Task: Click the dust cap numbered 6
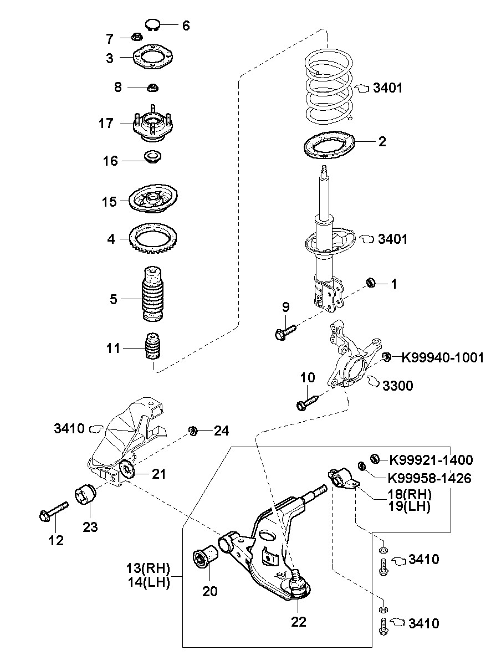[x=153, y=24]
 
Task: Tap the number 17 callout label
[x=106, y=124]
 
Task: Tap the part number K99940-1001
[x=442, y=358]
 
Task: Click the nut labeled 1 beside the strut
[x=371, y=283]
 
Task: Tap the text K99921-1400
[x=431, y=460]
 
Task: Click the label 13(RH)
[x=148, y=568]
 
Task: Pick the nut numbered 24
[x=193, y=431]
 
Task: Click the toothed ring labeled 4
[x=154, y=239]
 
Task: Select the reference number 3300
[x=397, y=386]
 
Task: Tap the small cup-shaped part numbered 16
[x=153, y=157]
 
